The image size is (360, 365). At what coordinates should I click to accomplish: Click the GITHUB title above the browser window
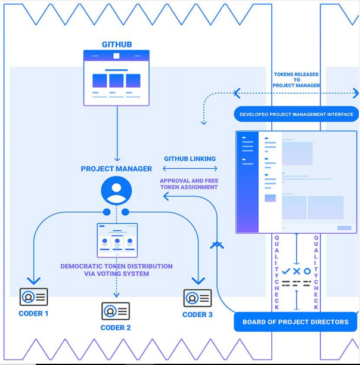(x=117, y=44)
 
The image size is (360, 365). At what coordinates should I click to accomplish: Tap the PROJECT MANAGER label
(x=116, y=169)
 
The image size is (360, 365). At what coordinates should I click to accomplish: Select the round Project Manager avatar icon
(x=116, y=190)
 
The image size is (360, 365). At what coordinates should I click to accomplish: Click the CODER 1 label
(x=33, y=314)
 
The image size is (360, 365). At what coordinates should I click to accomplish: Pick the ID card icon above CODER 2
(x=116, y=311)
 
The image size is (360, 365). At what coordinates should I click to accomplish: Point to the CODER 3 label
(x=197, y=315)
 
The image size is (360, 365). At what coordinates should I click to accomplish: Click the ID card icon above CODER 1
(x=34, y=297)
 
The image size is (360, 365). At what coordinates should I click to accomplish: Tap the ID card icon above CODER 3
(x=197, y=298)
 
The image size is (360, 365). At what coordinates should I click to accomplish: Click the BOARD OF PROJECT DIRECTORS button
(x=296, y=322)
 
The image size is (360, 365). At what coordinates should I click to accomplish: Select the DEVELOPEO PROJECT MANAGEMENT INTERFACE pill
(x=296, y=114)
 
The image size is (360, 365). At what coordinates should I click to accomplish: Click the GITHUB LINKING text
(x=190, y=159)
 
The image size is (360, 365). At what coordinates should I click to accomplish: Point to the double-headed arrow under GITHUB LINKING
(x=190, y=168)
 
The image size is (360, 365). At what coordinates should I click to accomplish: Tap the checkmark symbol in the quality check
(x=286, y=271)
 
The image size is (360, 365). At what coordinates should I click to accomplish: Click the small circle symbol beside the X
(x=307, y=271)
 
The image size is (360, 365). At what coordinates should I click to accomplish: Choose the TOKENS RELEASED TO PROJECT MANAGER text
(x=296, y=80)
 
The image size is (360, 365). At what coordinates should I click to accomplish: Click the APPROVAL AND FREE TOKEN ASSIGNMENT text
(x=189, y=184)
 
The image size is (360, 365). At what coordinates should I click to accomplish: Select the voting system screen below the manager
(x=117, y=240)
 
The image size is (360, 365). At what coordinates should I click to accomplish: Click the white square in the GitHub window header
(x=116, y=56)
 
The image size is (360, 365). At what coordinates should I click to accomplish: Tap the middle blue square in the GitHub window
(x=116, y=81)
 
